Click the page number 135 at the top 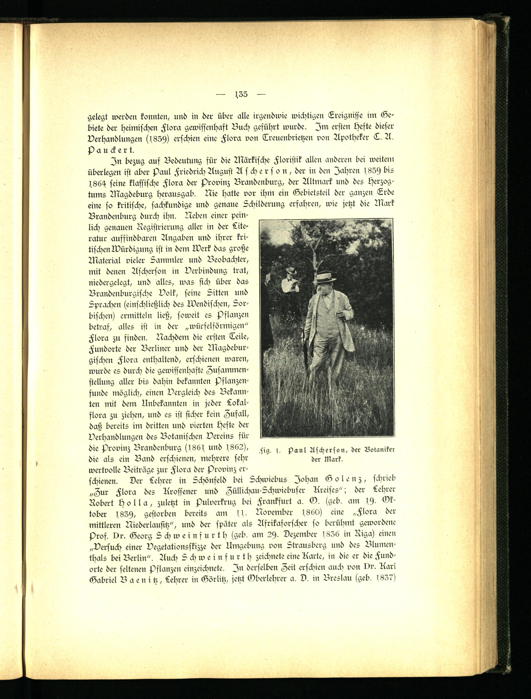pyautogui.click(x=241, y=94)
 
